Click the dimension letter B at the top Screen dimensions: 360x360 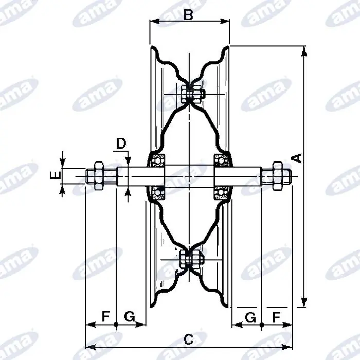click(188, 15)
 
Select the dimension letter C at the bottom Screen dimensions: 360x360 click(189, 339)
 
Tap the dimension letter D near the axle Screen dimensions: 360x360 click(121, 143)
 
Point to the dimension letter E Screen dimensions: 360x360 click(56, 175)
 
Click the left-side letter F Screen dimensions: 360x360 click(105, 317)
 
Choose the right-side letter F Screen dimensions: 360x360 click(276, 317)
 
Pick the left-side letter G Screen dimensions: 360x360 click(130, 317)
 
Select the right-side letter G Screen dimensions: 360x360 click(250, 317)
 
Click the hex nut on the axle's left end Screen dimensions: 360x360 click(99, 176)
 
